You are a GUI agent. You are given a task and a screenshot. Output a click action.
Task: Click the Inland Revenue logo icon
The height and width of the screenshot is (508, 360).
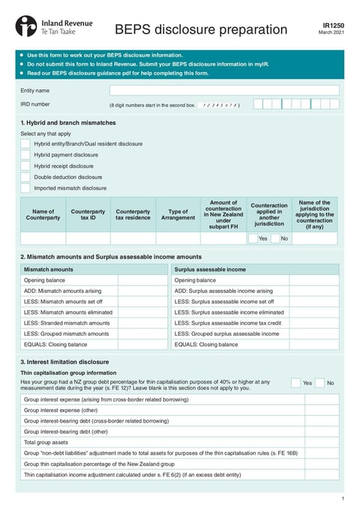[25, 26]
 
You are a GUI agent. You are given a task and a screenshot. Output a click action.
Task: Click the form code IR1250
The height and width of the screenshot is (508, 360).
[333, 25]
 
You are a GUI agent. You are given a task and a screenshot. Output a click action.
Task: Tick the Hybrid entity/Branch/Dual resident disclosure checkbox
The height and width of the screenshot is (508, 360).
[25, 143]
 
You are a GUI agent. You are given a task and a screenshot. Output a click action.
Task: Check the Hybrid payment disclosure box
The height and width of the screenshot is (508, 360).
[25, 154]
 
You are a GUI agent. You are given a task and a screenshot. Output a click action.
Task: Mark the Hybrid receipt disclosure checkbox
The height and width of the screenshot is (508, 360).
[25, 166]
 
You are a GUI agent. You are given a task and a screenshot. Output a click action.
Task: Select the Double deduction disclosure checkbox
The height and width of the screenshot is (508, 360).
[25, 177]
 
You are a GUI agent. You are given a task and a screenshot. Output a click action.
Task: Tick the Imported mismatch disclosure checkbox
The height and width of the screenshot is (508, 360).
[25, 188]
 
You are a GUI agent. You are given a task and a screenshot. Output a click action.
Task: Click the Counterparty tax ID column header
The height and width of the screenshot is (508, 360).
[88, 214]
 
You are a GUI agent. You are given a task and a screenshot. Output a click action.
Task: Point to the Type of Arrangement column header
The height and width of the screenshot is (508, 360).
[178, 214]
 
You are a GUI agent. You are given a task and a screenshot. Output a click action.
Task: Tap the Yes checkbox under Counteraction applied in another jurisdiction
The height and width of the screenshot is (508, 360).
[253, 238]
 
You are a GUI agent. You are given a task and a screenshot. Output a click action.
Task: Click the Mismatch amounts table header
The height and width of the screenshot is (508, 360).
[49, 268]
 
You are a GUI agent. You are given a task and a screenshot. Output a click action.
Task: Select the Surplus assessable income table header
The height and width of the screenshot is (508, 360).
[210, 268]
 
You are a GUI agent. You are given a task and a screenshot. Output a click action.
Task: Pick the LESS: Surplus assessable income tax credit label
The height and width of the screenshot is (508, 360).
[227, 323]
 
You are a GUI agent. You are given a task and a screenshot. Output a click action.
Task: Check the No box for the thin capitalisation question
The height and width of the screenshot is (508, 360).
[319, 383]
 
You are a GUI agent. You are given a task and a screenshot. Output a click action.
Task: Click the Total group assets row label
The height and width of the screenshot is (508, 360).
[48, 442]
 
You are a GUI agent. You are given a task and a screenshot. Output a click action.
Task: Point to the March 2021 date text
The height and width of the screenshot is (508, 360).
[331, 32]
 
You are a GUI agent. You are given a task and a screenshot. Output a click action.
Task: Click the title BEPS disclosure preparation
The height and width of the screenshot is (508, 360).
[200, 29]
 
